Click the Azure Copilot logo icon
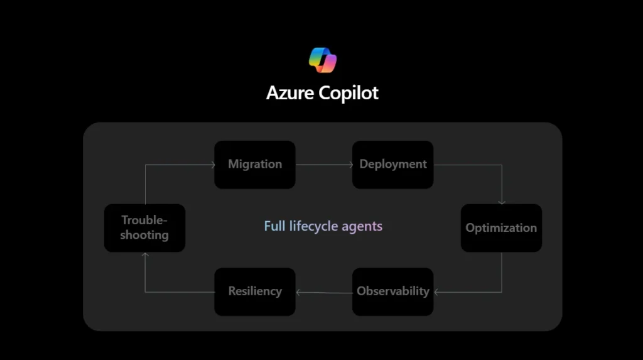323,60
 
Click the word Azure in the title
290,92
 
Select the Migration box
255,165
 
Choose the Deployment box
392,165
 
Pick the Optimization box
501,228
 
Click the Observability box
392,292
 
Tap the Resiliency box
255,292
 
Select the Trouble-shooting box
144,228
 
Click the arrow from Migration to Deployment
323,165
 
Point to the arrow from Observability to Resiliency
323,292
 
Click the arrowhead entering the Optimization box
502,201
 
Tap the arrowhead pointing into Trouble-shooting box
145,255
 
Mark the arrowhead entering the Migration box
211,165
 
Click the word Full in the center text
274,226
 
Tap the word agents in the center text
362,226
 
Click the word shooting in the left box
144,235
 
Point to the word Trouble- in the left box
144,221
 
